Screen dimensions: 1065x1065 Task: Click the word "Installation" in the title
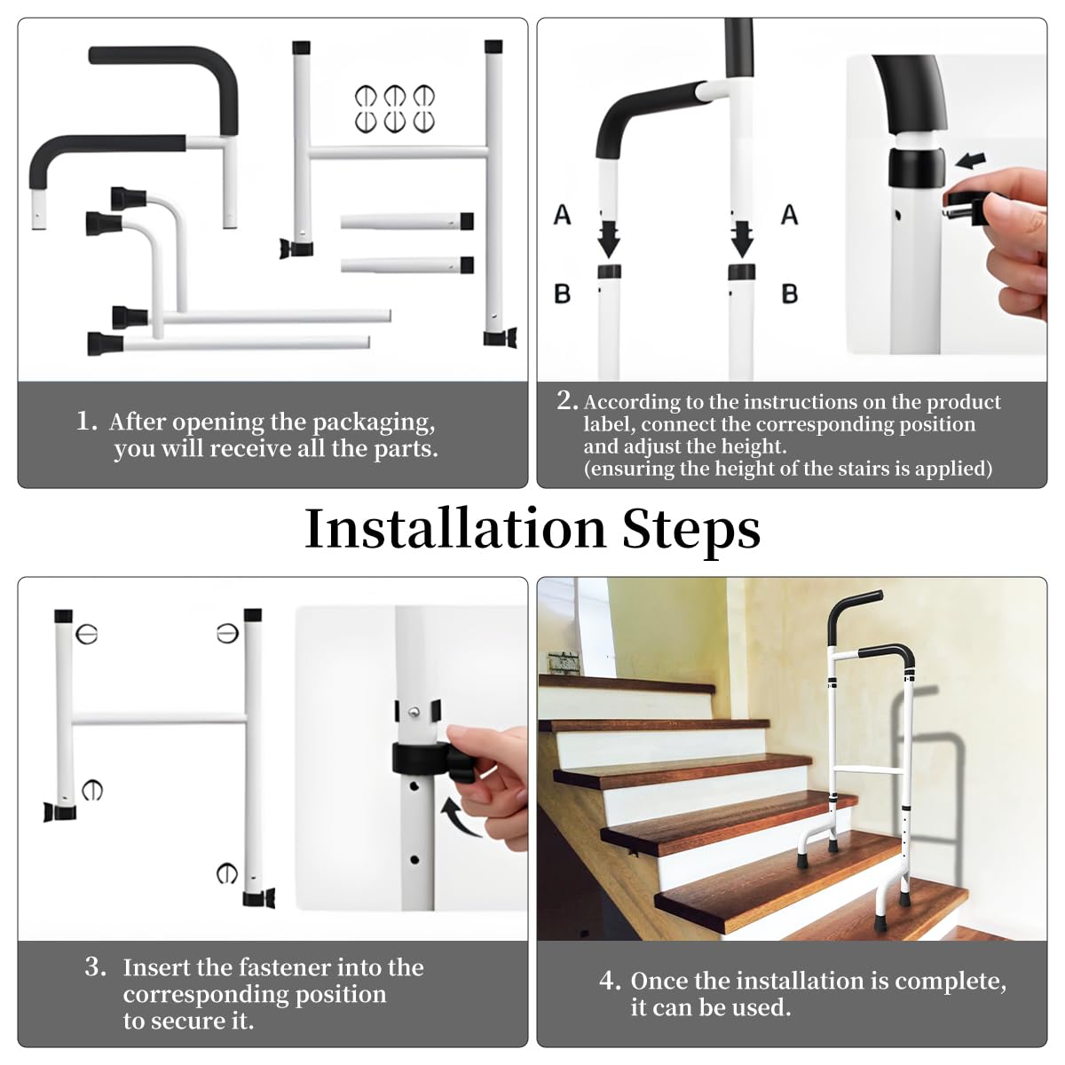[x=454, y=529]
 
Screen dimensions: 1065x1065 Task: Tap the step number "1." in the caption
[x=87, y=421]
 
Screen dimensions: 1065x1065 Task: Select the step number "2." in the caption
[x=567, y=400]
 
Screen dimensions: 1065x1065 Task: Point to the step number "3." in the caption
[x=96, y=966]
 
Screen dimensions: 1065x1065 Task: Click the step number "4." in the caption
[x=610, y=981]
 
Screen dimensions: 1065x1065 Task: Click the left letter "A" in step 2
[x=563, y=215]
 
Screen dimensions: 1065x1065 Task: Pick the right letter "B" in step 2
[x=789, y=294]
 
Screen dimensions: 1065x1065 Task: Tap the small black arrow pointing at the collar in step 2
[x=971, y=161]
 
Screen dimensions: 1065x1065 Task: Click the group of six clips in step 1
[x=395, y=108]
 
